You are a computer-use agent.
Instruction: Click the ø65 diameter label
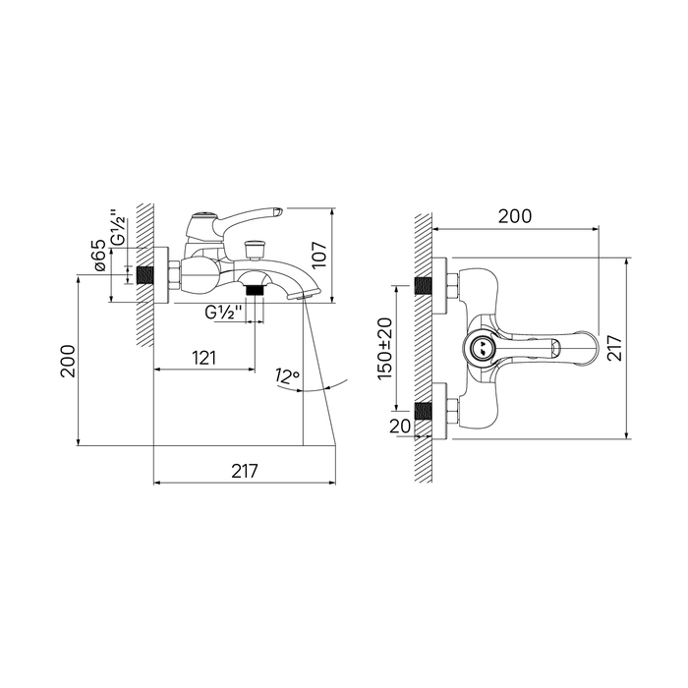[100, 256]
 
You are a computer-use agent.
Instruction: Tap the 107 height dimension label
[319, 254]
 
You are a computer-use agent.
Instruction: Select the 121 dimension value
[204, 358]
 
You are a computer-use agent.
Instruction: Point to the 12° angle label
[287, 376]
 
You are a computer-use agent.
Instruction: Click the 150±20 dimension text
[385, 349]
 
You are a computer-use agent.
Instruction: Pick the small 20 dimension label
[400, 426]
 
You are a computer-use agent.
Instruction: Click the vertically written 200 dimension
[68, 361]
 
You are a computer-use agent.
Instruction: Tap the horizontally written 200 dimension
[515, 216]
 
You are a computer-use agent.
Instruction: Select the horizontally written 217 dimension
[245, 471]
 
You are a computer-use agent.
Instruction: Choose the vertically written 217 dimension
[614, 348]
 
